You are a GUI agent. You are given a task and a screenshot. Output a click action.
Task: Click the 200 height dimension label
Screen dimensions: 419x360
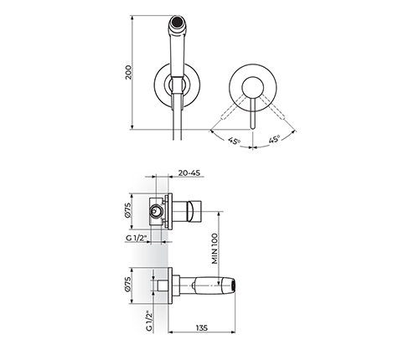[128, 73]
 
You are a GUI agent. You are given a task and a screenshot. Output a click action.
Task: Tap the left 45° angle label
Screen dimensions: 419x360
[234, 141]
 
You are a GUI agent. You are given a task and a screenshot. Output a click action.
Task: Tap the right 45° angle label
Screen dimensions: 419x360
[274, 139]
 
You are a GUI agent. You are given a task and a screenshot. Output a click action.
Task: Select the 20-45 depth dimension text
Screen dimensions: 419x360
[189, 173]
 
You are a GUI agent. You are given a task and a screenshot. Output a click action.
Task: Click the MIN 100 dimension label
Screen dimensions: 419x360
[215, 249]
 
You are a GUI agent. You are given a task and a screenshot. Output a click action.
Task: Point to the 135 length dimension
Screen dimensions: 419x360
[202, 328]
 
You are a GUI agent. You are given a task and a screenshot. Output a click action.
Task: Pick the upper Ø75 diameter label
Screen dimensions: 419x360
[127, 210]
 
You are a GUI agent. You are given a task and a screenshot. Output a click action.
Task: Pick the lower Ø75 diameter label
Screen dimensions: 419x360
[127, 285]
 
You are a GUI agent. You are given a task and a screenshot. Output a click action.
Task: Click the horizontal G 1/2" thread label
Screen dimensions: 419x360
[137, 239]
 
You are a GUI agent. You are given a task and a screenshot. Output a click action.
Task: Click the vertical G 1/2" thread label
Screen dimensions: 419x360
[149, 321]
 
